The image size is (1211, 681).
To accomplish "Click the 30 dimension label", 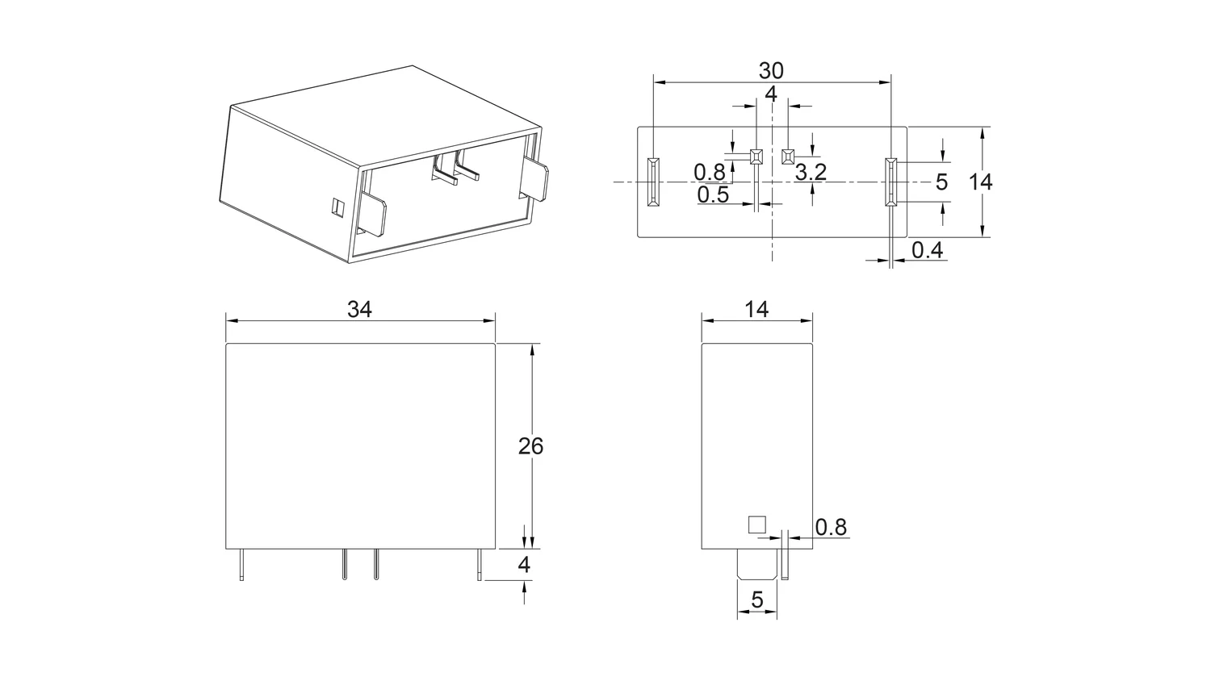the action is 771,71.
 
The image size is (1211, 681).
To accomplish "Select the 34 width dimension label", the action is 359,310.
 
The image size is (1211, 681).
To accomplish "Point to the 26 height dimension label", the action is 530,446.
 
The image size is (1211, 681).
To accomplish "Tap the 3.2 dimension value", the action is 811,173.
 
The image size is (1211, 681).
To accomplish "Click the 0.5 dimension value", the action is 713,195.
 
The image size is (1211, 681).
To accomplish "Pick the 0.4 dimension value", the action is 927,250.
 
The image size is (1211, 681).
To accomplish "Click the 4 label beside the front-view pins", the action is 524,566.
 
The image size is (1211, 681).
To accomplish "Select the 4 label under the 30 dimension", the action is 771,94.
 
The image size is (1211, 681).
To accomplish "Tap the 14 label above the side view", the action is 756,310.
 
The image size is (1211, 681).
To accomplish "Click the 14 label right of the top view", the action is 980,182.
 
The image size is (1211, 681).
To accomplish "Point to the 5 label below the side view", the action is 757,600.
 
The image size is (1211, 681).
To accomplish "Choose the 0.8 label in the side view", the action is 831,527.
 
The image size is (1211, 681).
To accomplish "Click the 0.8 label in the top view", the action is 710,173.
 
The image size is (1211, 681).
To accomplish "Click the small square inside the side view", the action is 757,524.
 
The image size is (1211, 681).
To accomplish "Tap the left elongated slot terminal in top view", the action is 654,182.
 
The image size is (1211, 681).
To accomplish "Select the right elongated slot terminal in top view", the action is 890,182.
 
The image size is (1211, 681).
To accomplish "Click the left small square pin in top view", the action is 756,157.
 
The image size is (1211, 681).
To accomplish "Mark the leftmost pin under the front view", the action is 241,565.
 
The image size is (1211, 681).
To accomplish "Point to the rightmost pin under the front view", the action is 479,565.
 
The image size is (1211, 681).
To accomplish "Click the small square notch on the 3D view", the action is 337,207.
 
